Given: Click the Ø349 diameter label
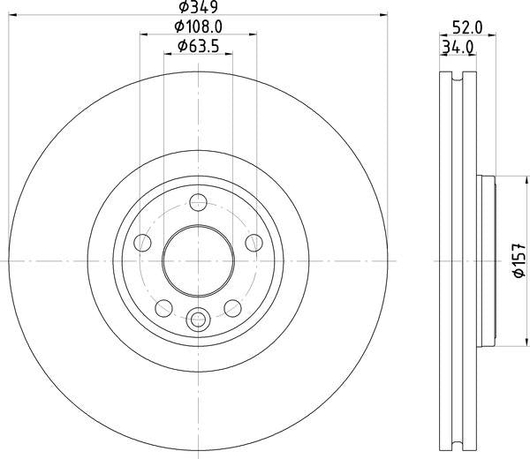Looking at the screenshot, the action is pyautogui.click(x=199, y=7).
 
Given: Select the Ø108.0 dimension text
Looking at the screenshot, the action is pyautogui.click(x=199, y=26).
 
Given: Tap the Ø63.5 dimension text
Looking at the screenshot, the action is pyautogui.click(x=199, y=46).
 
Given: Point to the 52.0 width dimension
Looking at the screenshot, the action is pyautogui.click(x=467, y=27).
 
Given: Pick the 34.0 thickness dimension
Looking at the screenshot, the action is pyautogui.click(x=458, y=48).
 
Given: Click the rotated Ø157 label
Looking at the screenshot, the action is pyautogui.click(x=519, y=260).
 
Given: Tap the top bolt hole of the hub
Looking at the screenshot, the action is pyautogui.click(x=198, y=202).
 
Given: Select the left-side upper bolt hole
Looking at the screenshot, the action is pyautogui.click(x=142, y=243).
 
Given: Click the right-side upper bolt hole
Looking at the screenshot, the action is pyautogui.click(x=254, y=243).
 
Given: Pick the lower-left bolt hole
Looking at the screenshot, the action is pyautogui.click(x=164, y=308).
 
